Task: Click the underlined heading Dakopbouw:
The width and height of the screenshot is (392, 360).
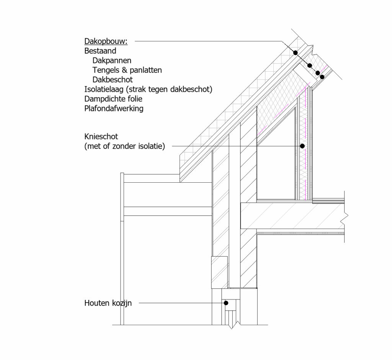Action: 106,41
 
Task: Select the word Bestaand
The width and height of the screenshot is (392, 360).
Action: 100,51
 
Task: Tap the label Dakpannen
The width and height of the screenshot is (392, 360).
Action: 112,61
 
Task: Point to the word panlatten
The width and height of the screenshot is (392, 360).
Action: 145,70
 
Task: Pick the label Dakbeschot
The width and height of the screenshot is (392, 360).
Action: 113,80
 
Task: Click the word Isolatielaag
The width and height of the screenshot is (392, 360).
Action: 104,89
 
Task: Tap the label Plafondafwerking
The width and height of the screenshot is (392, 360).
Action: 114,109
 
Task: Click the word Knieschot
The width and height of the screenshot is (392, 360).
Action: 101,137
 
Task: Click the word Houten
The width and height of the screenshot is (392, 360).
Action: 97,303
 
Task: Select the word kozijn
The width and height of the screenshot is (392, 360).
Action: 122,303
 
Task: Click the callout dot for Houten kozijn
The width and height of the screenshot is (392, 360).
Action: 226,303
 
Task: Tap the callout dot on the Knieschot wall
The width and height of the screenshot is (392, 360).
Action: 302,146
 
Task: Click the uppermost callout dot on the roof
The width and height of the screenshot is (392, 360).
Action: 296,53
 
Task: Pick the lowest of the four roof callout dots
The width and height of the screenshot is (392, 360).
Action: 322,77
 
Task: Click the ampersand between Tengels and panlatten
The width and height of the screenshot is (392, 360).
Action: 124,70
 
